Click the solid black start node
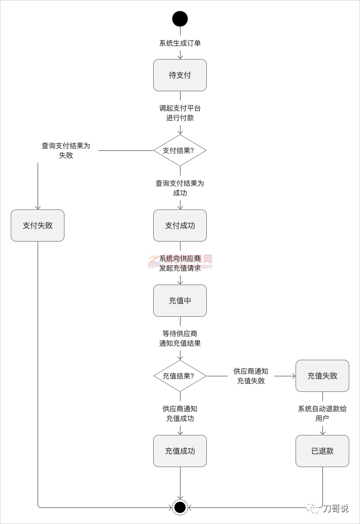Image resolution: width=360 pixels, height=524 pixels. (180, 19)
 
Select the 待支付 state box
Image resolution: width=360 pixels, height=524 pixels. (180, 75)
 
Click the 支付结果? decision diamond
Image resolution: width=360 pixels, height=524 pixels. (180, 150)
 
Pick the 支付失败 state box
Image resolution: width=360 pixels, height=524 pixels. (38, 225)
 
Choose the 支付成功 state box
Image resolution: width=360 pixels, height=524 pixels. (180, 225)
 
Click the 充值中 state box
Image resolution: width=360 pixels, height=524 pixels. (180, 301)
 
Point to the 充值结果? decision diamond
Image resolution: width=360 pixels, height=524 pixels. (180, 376)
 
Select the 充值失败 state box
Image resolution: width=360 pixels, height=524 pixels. (322, 376)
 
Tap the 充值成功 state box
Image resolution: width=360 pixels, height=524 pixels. (180, 451)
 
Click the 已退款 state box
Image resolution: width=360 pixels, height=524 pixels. (322, 451)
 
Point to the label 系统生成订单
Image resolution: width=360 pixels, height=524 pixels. (180, 43)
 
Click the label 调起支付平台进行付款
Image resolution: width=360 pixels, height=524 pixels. (180, 113)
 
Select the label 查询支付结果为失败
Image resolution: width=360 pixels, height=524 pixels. (66, 150)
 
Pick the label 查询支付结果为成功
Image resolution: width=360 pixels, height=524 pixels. (180, 188)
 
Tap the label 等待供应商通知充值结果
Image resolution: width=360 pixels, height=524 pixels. (180, 339)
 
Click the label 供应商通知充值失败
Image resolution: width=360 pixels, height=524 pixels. (251, 376)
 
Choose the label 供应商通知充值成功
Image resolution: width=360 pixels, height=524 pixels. (180, 414)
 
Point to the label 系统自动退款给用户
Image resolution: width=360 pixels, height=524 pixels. (322, 413)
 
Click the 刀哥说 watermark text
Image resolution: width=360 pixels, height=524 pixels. (336, 508)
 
